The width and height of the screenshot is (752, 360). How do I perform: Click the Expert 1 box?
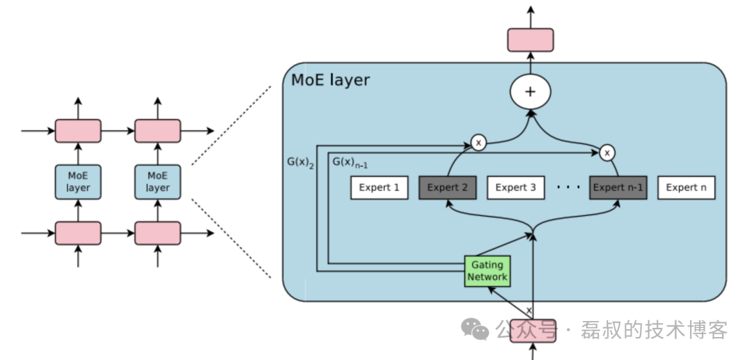click(379, 187)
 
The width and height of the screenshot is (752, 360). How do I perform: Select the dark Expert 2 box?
click(447, 187)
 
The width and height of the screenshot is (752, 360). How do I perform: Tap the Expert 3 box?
click(515, 187)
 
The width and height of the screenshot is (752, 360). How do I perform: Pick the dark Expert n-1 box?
click(618, 187)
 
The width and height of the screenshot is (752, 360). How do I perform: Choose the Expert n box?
click(686, 187)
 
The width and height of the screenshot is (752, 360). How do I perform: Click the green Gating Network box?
click(487, 272)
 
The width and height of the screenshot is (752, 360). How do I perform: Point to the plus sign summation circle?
click(531, 92)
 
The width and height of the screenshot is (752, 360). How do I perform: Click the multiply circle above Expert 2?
click(478, 143)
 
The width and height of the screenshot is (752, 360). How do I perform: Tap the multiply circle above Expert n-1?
click(607, 152)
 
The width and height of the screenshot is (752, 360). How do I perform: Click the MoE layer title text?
click(330, 80)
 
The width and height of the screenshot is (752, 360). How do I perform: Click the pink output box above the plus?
click(531, 40)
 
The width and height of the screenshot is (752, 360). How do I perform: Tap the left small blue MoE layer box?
click(78, 182)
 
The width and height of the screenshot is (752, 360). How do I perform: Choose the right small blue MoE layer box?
click(157, 182)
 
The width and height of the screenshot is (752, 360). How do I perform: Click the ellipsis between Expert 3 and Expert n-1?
click(568, 187)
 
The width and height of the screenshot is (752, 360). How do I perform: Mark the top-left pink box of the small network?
click(78, 131)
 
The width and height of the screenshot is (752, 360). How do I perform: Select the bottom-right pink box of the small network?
click(157, 233)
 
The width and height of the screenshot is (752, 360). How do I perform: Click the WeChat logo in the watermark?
click(476, 329)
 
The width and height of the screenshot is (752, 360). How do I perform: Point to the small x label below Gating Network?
click(528, 310)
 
